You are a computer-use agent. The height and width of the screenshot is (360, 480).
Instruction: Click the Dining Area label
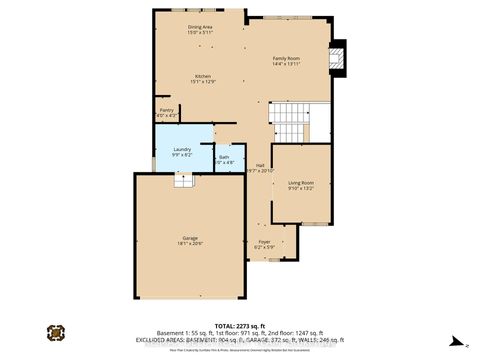(x=200, y=27)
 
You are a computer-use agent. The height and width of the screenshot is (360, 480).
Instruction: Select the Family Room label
(x=287, y=58)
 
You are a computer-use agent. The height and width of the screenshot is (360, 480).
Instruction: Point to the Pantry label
(x=166, y=110)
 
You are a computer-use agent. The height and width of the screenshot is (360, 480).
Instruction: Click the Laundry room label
(x=181, y=149)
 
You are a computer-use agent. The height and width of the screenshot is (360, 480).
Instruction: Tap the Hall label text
(x=260, y=165)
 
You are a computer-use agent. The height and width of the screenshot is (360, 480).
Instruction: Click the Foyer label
(x=264, y=240)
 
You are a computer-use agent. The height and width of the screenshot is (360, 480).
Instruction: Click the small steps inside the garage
(x=183, y=180)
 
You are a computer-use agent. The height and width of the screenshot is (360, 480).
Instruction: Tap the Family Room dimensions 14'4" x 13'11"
(x=287, y=64)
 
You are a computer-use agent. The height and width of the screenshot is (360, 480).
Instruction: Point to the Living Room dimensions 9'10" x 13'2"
(x=301, y=188)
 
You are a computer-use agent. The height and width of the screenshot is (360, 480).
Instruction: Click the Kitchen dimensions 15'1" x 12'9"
(x=201, y=81)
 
